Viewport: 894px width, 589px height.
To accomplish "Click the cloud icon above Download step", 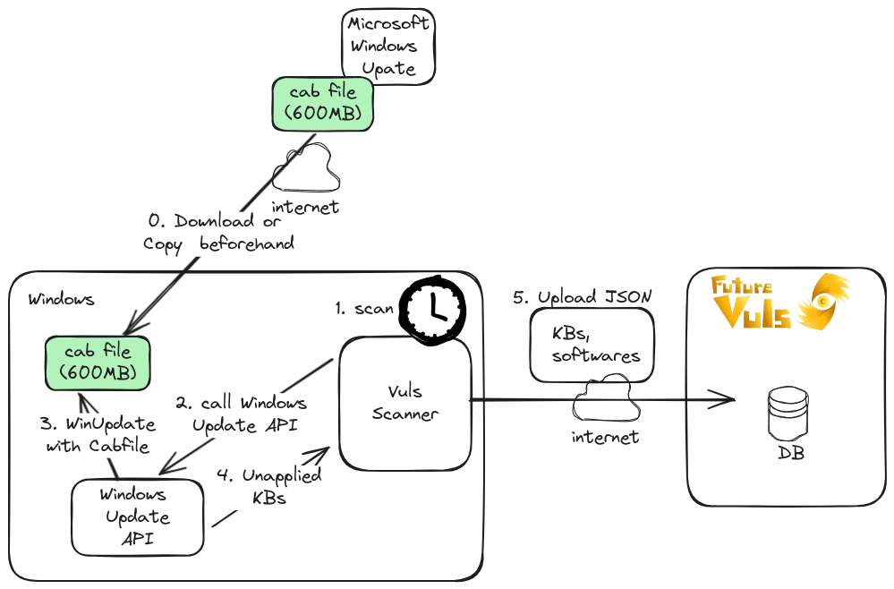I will (308, 169).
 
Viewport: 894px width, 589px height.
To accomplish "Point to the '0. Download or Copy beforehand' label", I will (219, 232).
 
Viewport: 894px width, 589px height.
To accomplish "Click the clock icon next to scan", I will (433, 309).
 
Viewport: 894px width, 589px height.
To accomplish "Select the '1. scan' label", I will (364, 309).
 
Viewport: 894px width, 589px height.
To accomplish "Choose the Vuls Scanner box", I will (405, 403).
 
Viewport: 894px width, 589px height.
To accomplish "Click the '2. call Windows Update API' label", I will (241, 414).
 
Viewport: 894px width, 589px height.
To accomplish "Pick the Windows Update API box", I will (137, 516).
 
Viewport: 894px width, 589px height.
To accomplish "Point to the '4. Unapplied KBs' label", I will (270, 487).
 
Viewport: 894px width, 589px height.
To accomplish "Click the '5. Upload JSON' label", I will (583, 296).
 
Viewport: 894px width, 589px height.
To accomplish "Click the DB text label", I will (790, 454).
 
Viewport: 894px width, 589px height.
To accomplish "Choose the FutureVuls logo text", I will (753, 303).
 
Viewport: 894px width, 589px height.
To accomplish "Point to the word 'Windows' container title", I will (61, 300).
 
